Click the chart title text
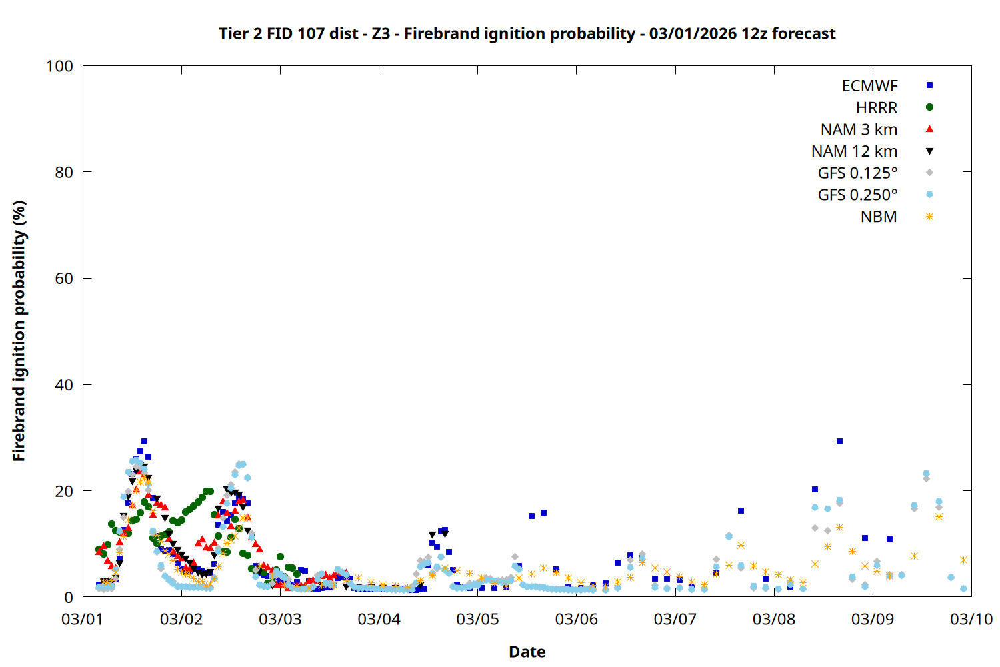pyautogui.click(x=527, y=33)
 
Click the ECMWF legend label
pyautogui.click(x=869, y=86)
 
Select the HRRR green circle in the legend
pyautogui.click(x=929, y=107)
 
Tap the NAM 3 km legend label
pyautogui.click(x=859, y=129)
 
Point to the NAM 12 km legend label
pyautogui.click(x=854, y=151)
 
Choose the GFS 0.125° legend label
pyautogui.click(x=857, y=173)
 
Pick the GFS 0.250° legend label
pyautogui.click(x=857, y=195)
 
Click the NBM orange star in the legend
pyautogui.click(x=929, y=217)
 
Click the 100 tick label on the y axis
pyautogui.click(x=59, y=66)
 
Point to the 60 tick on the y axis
pyautogui.click(x=63, y=279)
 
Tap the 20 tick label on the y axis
pyautogui.click(x=63, y=491)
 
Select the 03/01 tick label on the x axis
pyautogui.click(x=82, y=619)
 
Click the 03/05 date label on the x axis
pyautogui.click(x=477, y=619)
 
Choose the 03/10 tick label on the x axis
pyautogui.click(x=971, y=619)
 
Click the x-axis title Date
pyautogui.click(x=527, y=652)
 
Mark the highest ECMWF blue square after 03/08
pyautogui.click(x=839, y=442)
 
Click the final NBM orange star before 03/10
pyautogui.click(x=963, y=560)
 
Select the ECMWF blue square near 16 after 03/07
pyautogui.click(x=741, y=511)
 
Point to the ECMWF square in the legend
pyautogui.click(x=929, y=85)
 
